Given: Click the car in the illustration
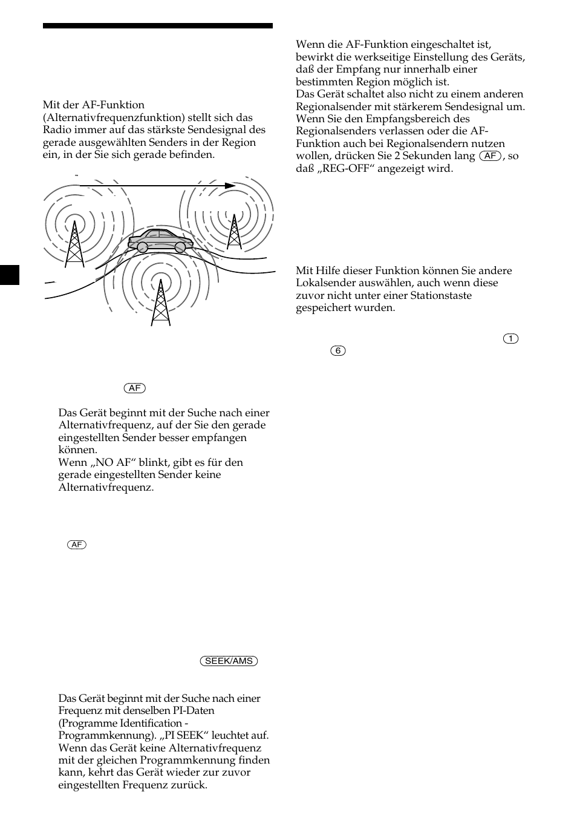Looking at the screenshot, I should pyautogui.click(x=160, y=240).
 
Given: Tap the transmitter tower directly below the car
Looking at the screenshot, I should pyautogui.click(x=160, y=302).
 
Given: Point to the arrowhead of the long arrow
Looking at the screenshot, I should pyautogui.click(x=230, y=186).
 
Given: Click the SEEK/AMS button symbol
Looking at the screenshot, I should pyautogui.click(x=229, y=661).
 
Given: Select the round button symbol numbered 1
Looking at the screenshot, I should pyautogui.click(x=510, y=339).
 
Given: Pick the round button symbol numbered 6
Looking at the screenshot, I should pyautogui.click(x=338, y=351).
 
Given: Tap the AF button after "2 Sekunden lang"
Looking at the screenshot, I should pyautogui.click(x=491, y=156).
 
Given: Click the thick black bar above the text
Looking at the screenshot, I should pyautogui.click(x=157, y=26).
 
